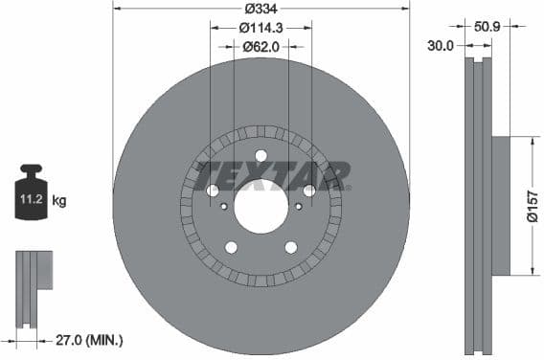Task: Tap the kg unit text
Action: (x=59, y=201)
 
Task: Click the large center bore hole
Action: (x=261, y=206)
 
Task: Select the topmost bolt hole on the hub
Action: (x=261, y=157)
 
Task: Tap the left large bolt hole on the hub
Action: (x=213, y=191)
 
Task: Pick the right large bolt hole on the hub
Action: (x=308, y=191)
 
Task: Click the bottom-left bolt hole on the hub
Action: (x=231, y=247)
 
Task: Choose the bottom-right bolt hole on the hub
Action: (x=290, y=247)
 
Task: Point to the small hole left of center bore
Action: (x=224, y=206)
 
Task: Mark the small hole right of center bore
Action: (x=298, y=206)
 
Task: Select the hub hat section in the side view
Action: (x=502, y=206)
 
